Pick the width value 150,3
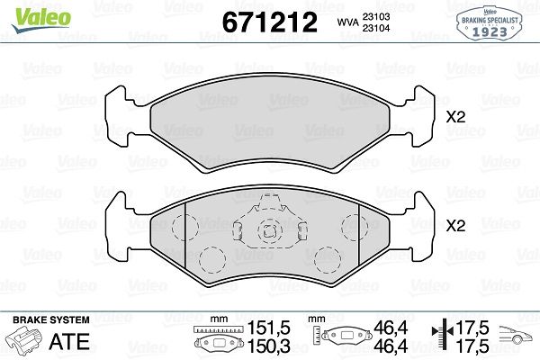pos(263,346)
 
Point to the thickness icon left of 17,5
pos(441,338)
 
